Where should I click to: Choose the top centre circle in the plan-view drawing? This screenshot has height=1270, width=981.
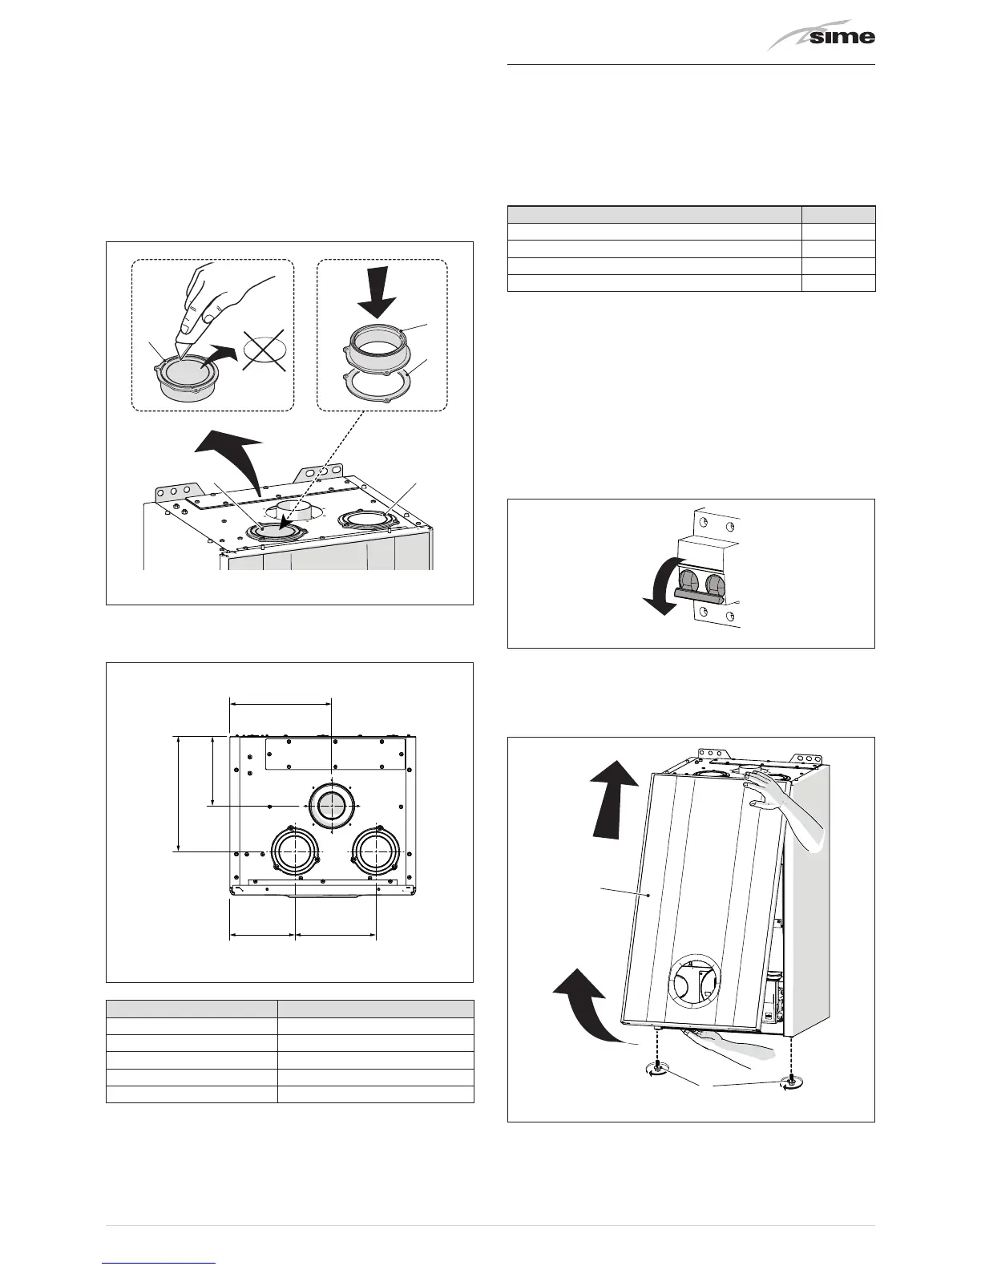pos(331,805)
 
